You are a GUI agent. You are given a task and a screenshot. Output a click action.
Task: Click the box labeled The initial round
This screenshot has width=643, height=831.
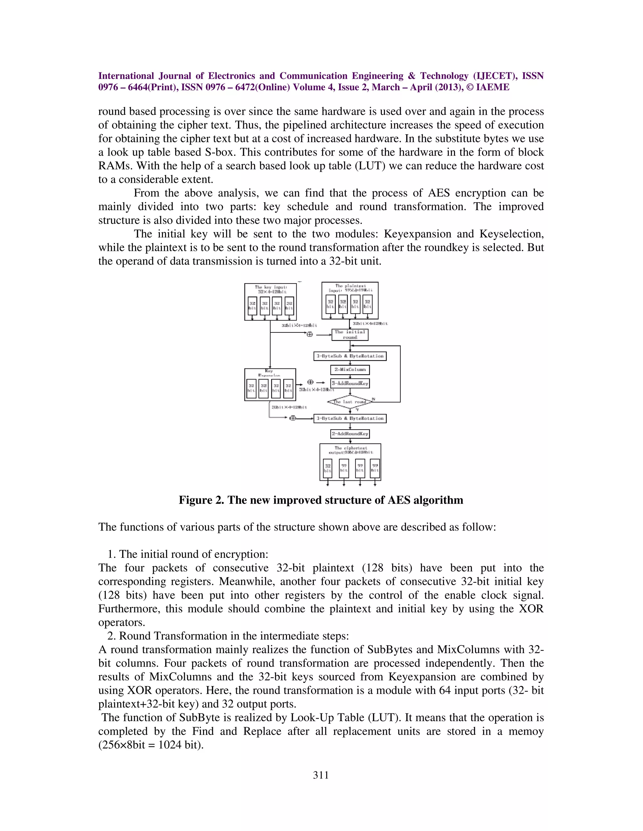[350, 335]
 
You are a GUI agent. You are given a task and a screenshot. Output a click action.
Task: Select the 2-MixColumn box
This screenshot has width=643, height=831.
[350, 369]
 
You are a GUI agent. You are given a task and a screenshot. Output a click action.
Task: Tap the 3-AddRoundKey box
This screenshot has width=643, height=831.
[350, 383]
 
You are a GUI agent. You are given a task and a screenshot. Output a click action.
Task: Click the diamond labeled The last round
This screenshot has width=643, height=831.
[350, 401]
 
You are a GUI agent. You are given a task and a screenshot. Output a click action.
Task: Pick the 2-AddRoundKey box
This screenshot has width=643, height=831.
[350, 434]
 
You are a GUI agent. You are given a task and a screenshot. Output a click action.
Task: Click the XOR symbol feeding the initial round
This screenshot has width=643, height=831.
[310, 335]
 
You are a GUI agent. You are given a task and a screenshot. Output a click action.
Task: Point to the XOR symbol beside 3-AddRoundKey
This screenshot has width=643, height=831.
[310, 382]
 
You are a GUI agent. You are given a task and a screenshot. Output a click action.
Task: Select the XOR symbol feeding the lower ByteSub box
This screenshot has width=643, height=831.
[293, 418]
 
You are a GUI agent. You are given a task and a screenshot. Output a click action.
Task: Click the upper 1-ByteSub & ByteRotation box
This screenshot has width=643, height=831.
[350, 356]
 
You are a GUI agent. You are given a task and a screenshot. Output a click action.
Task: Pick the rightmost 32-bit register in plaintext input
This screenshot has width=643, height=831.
[367, 304]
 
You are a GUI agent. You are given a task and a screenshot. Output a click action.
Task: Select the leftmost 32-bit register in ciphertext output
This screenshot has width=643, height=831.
[327, 468]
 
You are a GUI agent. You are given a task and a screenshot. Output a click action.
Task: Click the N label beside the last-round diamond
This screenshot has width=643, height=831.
[373, 399]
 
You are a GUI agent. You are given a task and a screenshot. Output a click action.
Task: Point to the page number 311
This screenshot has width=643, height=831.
[321, 775]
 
